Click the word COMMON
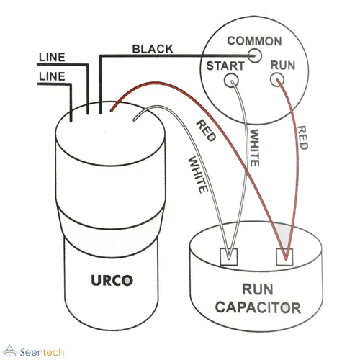(x=254, y=41)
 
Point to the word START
(x=225, y=66)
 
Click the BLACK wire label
(x=153, y=49)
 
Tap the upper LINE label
(x=52, y=57)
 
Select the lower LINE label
(x=52, y=76)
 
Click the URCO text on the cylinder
(x=112, y=280)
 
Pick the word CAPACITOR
(x=258, y=307)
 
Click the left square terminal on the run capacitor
(x=229, y=257)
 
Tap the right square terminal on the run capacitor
(x=284, y=257)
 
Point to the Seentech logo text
(x=42, y=352)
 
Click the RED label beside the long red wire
(x=206, y=131)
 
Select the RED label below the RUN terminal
(x=302, y=138)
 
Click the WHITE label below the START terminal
(x=254, y=148)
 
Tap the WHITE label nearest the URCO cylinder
(x=197, y=175)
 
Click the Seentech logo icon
(x=9, y=351)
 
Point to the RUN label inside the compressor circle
(x=283, y=66)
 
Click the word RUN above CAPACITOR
(x=258, y=289)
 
